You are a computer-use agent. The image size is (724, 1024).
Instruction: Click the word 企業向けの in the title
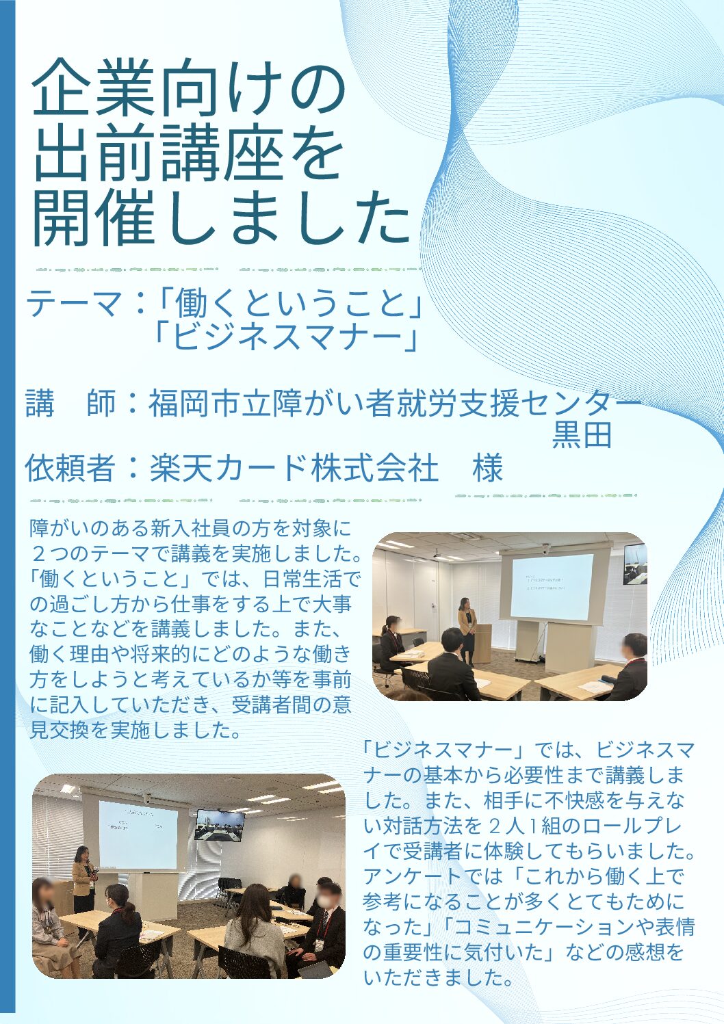[x=188, y=94]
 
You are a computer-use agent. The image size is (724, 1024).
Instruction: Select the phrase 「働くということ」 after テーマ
[x=287, y=306]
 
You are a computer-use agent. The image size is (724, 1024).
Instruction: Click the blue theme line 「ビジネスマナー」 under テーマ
[x=286, y=339]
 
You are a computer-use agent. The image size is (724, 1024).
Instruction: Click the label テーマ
[x=73, y=306]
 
